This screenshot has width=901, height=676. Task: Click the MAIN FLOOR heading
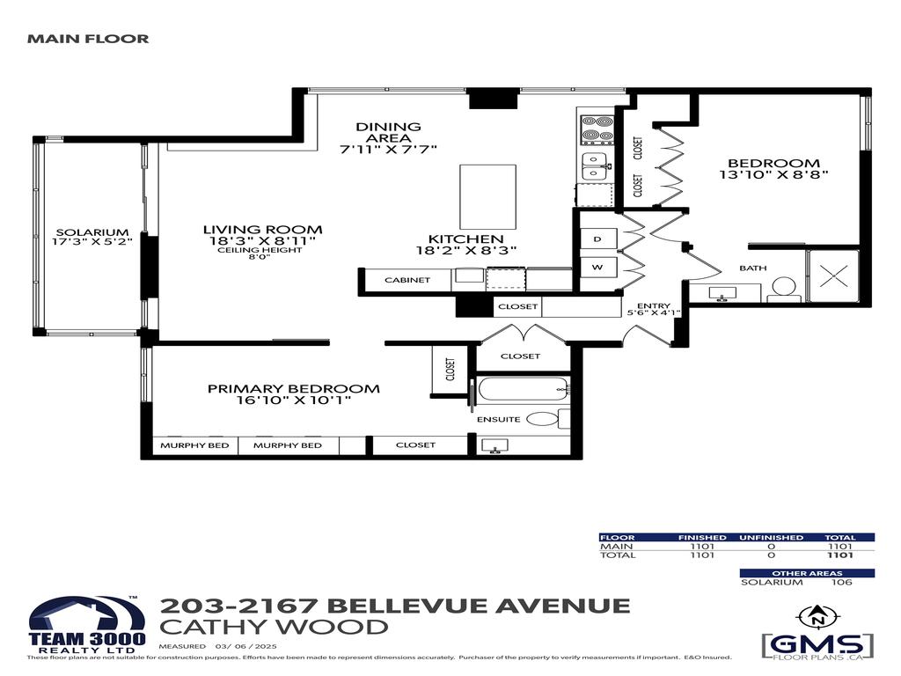tap(88, 39)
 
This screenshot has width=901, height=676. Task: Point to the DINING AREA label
tap(388, 127)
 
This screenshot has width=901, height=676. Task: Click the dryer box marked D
tap(597, 239)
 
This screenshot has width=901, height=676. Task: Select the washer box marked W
tap(597, 267)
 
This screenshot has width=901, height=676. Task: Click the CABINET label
tap(407, 280)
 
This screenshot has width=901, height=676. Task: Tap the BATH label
tap(752, 268)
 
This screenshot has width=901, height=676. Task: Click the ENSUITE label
tap(499, 419)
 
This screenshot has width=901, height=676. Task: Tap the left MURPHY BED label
tap(194, 445)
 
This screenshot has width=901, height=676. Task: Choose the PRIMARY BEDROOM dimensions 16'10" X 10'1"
tap(293, 400)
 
